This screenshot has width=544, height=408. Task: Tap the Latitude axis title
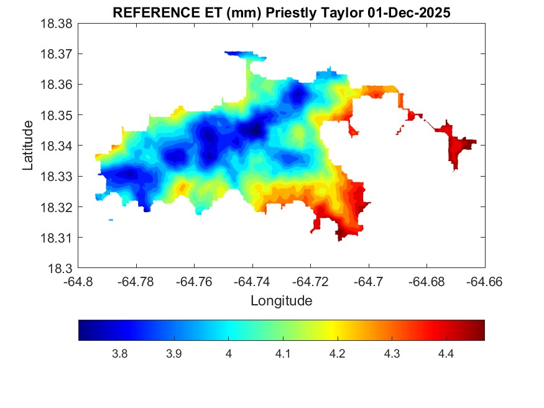(x=28, y=146)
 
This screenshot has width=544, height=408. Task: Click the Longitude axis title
(x=281, y=301)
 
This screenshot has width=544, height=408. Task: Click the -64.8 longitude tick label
(x=79, y=282)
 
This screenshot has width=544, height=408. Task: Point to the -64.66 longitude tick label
(x=484, y=282)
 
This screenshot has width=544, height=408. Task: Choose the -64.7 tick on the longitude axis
(x=369, y=282)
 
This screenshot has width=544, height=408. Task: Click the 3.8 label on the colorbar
(x=120, y=354)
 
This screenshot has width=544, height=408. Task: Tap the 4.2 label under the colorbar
(x=337, y=354)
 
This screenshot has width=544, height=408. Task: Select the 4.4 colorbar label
(x=446, y=354)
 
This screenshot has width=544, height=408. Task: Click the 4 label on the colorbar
(x=229, y=354)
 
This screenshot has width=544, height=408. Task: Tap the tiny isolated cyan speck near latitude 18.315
(x=111, y=220)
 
